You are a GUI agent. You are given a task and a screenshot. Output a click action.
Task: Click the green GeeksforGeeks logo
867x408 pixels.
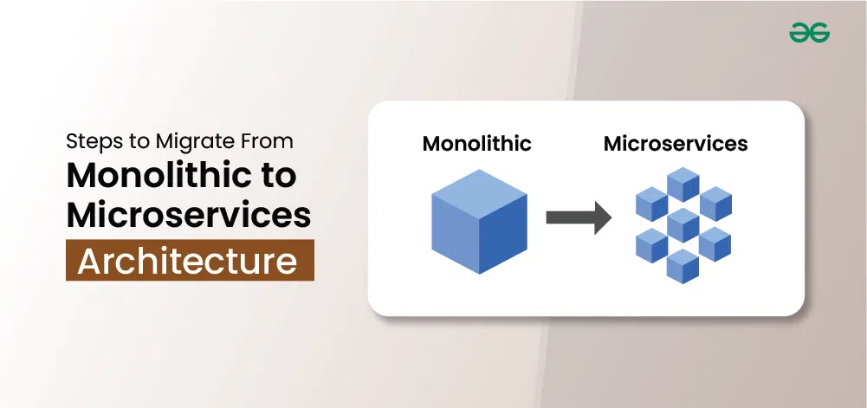[810, 33]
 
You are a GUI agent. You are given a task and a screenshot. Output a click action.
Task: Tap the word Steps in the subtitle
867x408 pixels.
[87, 142]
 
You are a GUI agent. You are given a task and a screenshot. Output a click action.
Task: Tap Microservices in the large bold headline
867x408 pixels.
[189, 215]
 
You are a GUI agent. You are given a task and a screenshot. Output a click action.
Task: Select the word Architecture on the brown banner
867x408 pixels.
[187, 261]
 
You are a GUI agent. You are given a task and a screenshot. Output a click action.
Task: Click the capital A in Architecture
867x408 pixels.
[90, 261]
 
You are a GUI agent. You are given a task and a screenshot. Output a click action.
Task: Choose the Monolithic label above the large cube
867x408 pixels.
[476, 144]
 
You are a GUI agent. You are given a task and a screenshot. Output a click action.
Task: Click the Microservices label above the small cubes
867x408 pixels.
[676, 144]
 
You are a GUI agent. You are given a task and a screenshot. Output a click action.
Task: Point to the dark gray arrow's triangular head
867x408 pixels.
[603, 217]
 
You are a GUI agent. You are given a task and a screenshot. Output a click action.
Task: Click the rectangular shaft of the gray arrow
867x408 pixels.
[571, 217]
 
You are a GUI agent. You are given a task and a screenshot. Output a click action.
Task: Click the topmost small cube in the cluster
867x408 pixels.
[683, 185]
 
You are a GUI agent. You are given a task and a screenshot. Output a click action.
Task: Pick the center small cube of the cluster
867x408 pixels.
[683, 225]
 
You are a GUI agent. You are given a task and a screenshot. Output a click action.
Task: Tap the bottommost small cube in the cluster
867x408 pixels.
[683, 266]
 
